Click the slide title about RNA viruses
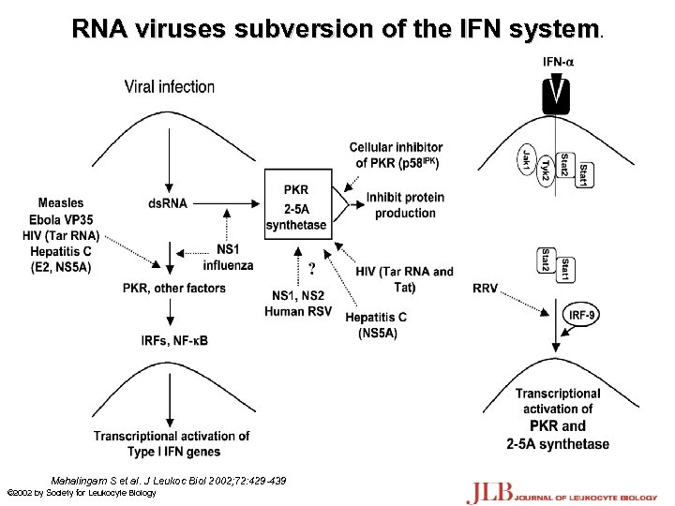coord(337,29)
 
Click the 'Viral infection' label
coord(170,87)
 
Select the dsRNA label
coord(168,203)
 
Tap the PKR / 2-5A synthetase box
coord(296,206)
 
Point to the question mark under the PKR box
coord(309,270)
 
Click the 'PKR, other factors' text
coord(175,288)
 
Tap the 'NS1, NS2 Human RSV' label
coord(298,304)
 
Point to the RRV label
coord(486,288)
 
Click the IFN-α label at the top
coord(560,62)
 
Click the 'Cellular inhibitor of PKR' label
coord(397,155)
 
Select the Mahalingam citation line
coord(169,480)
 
